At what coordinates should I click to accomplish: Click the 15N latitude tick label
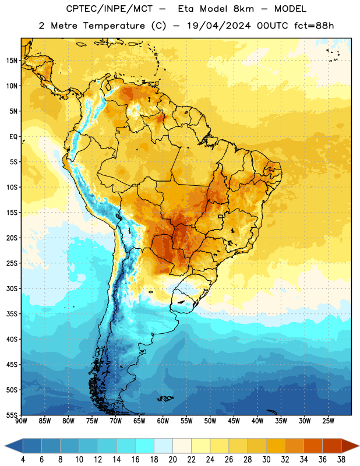point(12,61)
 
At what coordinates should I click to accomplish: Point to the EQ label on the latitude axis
point(13,137)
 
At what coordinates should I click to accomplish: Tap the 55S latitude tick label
point(12,415)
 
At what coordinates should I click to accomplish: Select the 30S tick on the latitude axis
point(12,288)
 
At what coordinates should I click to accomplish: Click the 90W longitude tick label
point(21,421)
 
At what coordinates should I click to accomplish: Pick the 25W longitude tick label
point(328,421)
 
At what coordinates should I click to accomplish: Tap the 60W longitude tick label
point(163,421)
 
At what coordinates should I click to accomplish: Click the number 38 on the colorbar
point(341,460)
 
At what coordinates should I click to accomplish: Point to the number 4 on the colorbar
point(23,460)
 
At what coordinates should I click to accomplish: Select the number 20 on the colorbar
point(172,460)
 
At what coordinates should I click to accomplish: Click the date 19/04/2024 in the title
point(219,26)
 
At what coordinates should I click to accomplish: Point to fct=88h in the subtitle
point(314,26)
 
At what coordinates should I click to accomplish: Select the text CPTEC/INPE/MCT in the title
point(109,9)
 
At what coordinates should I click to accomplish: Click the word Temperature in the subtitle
point(114,26)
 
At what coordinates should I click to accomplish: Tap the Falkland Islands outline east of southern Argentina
point(165,398)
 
